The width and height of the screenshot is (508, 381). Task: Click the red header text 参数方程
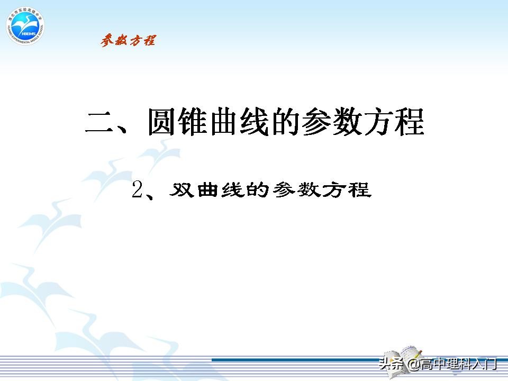tap(128, 40)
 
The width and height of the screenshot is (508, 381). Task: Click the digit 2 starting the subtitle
tap(138, 189)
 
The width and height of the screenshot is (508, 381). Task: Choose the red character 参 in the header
tap(107, 40)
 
